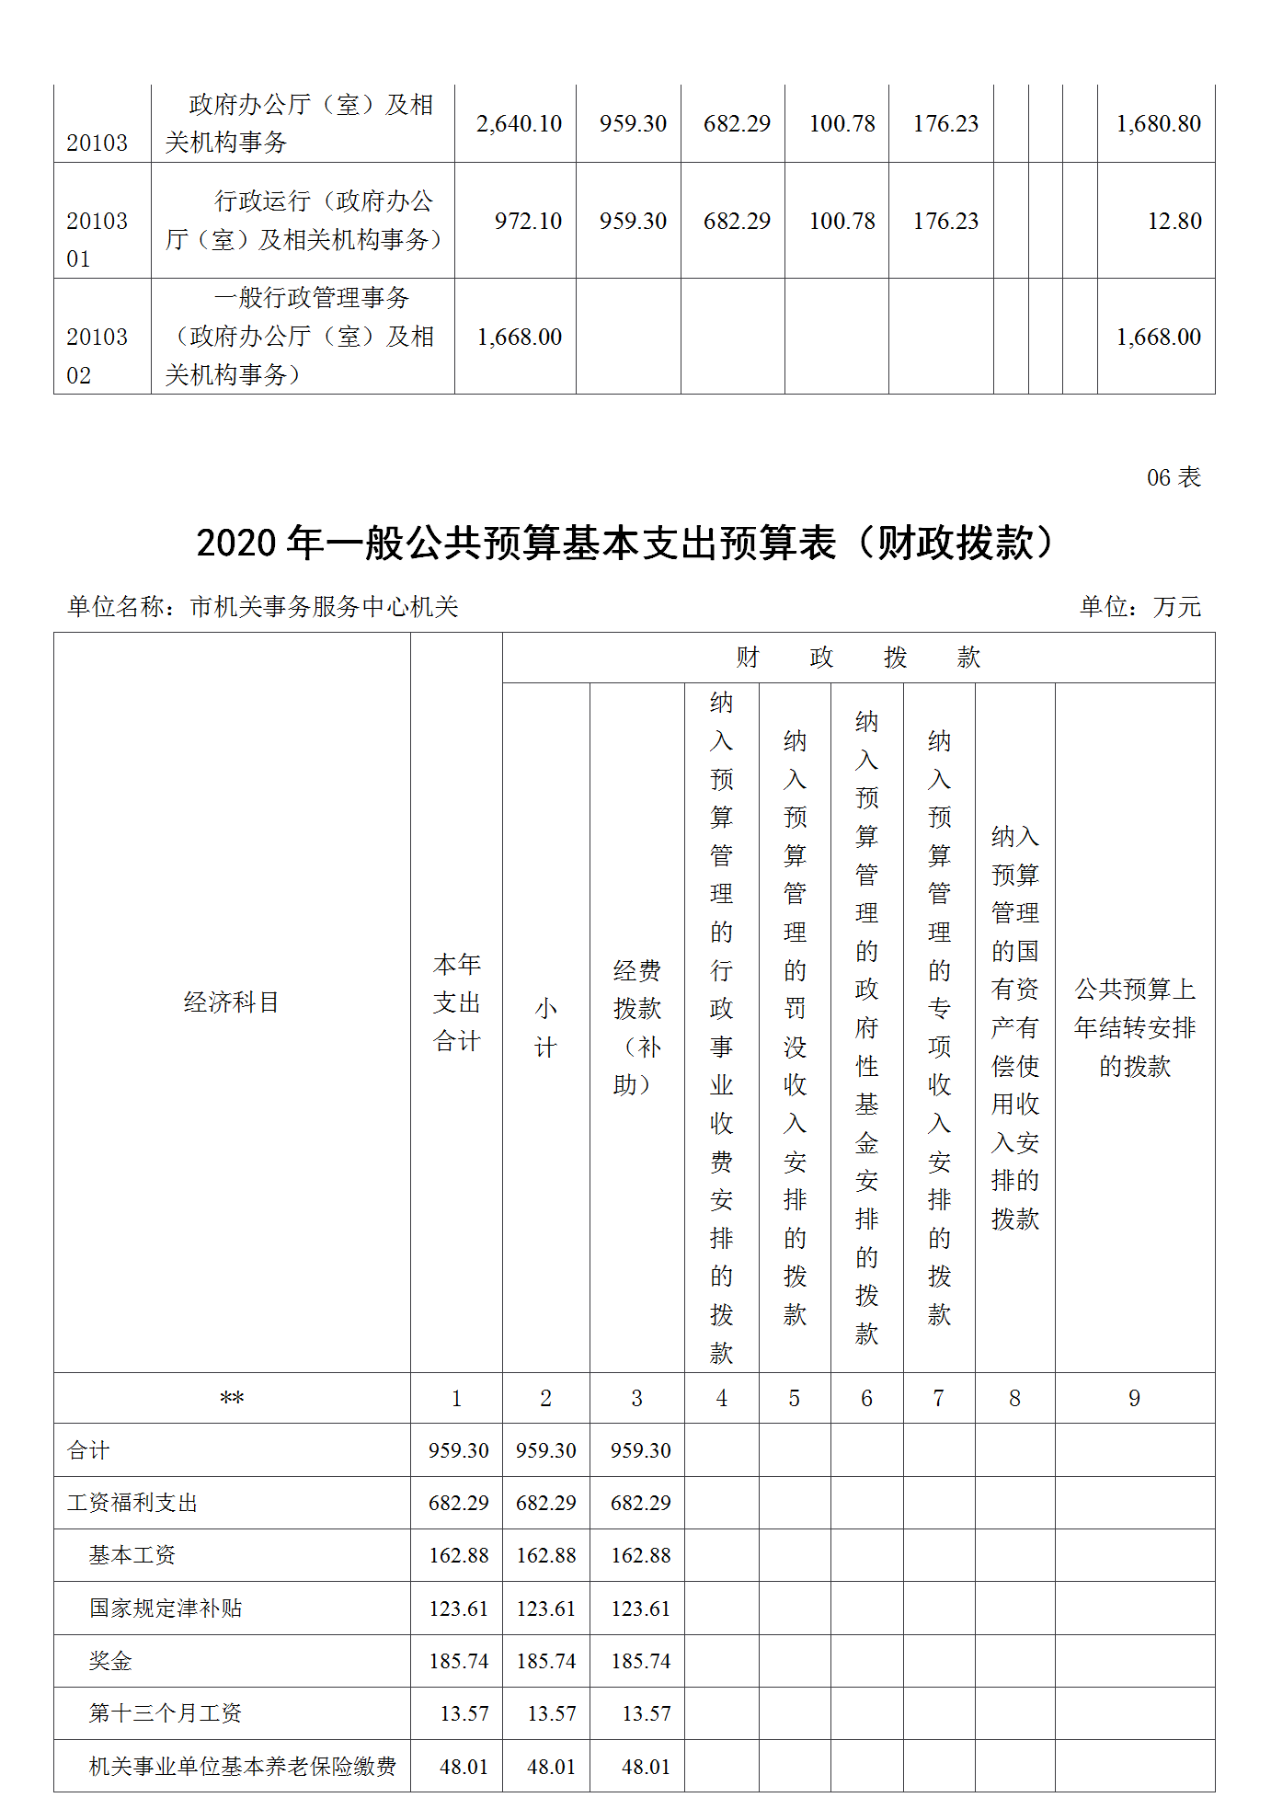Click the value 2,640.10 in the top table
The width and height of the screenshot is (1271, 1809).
pos(519,123)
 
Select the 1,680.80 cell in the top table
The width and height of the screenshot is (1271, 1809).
pos(1158,123)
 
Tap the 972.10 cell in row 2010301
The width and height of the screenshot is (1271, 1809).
pos(528,221)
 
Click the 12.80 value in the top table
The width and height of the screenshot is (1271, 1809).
pos(1174,221)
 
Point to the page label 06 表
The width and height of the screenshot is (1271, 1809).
pos(1174,477)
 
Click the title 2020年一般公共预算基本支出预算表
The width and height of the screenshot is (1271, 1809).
pos(625,543)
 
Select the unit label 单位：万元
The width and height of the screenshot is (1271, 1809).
pos(1139,607)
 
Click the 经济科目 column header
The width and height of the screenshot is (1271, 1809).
pos(231,1002)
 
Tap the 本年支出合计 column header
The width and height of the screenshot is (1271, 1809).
pos(457,1002)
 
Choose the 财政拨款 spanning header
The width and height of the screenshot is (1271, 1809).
pos(857,658)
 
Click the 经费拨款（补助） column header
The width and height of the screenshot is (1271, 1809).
pos(636,1027)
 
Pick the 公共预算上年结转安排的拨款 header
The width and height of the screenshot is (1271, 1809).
pos(1134,1027)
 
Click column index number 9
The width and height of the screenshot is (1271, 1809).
pos(1134,1398)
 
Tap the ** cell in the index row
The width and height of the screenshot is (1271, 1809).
pos(231,1399)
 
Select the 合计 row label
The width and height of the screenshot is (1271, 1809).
pos(88,1450)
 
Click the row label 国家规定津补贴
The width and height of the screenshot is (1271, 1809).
pos(166,1609)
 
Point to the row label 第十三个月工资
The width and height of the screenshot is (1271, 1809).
pos(166,1713)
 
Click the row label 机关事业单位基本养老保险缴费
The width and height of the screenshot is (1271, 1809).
pos(243,1767)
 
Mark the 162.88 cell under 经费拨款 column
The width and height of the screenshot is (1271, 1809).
pos(640,1555)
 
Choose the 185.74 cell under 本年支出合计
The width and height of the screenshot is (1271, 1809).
pos(458,1661)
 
